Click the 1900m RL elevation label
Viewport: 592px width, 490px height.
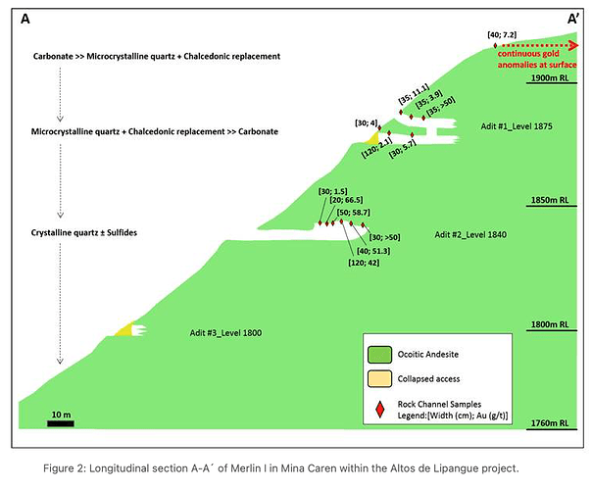click(550, 77)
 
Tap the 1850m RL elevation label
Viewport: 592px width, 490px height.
click(550, 200)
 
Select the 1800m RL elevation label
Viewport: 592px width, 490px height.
click(550, 324)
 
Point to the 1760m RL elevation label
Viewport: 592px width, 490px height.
click(550, 423)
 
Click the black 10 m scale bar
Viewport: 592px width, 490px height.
click(61, 423)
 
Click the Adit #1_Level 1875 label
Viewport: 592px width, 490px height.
click(517, 126)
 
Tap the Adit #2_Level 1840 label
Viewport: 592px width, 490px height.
click(470, 235)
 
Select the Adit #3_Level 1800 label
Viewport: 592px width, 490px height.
click(225, 333)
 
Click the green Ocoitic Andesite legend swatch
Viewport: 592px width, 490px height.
click(379, 355)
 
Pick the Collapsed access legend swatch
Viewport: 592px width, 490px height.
click(379, 379)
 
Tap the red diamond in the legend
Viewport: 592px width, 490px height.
click(380, 410)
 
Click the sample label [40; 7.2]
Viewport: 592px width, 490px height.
click(502, 34)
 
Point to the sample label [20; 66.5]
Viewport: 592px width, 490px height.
click(346, 200)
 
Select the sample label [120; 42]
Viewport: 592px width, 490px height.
click(364, 263)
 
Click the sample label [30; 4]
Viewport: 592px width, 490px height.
click(366, 122)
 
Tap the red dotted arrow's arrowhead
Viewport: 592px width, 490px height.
click(574, 46)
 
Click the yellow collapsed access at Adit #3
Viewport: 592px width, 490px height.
click(125, 329)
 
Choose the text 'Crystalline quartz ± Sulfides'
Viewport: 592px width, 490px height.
click(84, 232)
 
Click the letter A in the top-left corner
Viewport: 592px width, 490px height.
click(25, 19)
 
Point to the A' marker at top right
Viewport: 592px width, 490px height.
click(572, 19)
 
